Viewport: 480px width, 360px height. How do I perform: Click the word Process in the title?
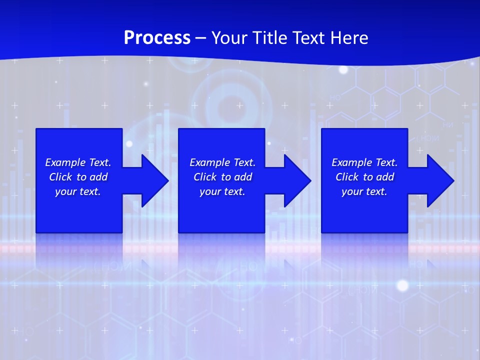pos(157,38)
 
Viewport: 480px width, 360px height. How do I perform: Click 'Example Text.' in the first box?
pos(78,162)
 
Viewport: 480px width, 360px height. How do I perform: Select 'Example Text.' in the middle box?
pos(222,162)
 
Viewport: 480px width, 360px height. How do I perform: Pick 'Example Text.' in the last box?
pos(364,162)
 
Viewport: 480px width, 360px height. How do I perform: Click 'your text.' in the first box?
pos(78,191)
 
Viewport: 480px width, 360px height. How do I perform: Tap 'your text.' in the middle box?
pos(222,191)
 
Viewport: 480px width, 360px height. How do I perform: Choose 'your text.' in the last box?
pos(364,191)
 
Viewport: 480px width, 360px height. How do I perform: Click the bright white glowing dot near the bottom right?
pos(402,285)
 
